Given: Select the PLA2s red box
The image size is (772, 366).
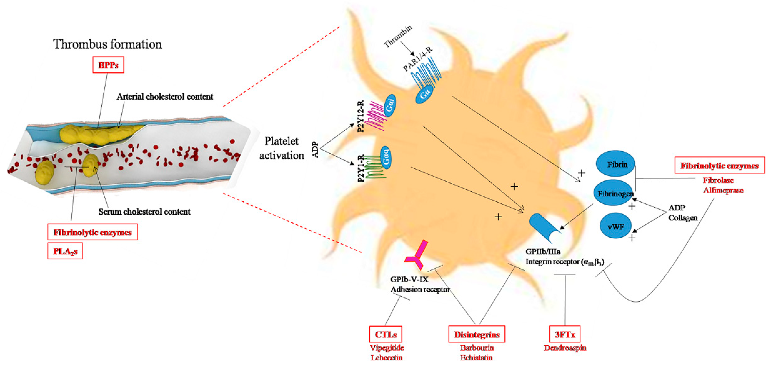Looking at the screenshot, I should [x=65, y=251].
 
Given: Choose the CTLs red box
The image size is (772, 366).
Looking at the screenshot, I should [x=385, y=334].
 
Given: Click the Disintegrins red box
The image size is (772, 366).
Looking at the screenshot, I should [x=476, y=334].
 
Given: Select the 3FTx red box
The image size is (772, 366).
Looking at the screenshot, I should [x=565, y=334].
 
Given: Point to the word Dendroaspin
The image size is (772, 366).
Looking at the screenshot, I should [x=565, y=348].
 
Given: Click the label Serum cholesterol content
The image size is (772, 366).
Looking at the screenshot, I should [x=144, y=212].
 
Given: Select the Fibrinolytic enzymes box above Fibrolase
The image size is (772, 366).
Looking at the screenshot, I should [x=719, y=165].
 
